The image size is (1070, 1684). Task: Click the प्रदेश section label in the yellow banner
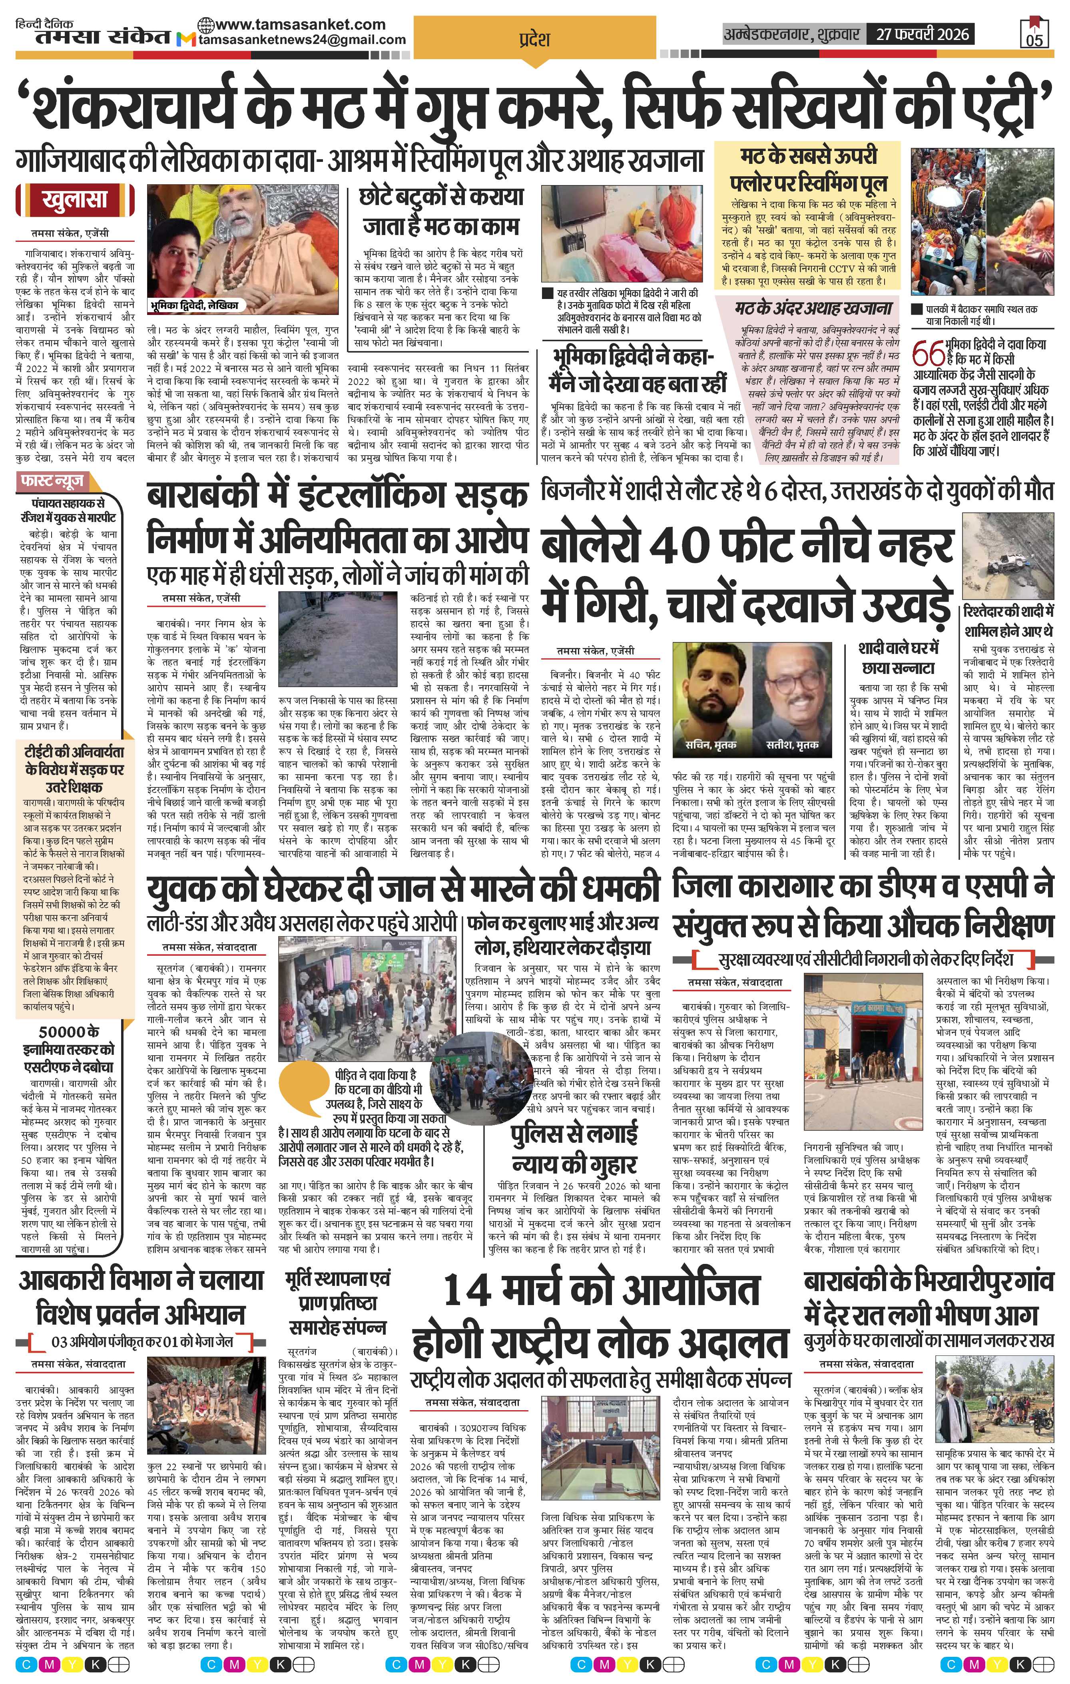tap(535, 39)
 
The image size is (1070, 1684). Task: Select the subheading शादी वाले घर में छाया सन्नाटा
tap(898, 658)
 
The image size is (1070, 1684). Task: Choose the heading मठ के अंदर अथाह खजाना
tap(814, 309)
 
